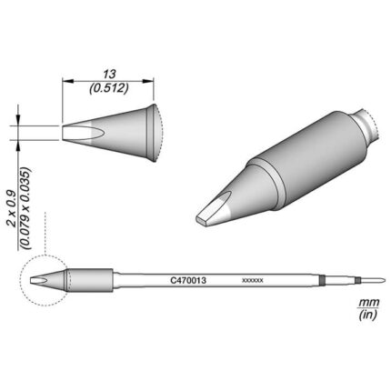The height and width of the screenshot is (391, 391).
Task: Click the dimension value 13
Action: [x=109, y=74]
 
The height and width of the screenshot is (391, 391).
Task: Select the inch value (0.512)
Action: [x=109, y=88]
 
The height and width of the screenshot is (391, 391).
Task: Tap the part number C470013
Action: [x=188, y=281]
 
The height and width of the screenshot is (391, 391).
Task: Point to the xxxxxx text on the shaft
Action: [x=253, y=281]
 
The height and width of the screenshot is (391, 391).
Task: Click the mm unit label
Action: [x=368, y=302]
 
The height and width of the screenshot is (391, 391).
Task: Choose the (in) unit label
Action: [x=367, y=316]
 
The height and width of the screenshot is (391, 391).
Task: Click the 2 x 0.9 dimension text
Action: [x=13, y=210]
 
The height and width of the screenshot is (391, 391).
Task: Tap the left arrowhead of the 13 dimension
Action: [x=68, y=81]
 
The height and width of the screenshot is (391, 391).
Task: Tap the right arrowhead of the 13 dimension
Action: [x=148, y=81]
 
